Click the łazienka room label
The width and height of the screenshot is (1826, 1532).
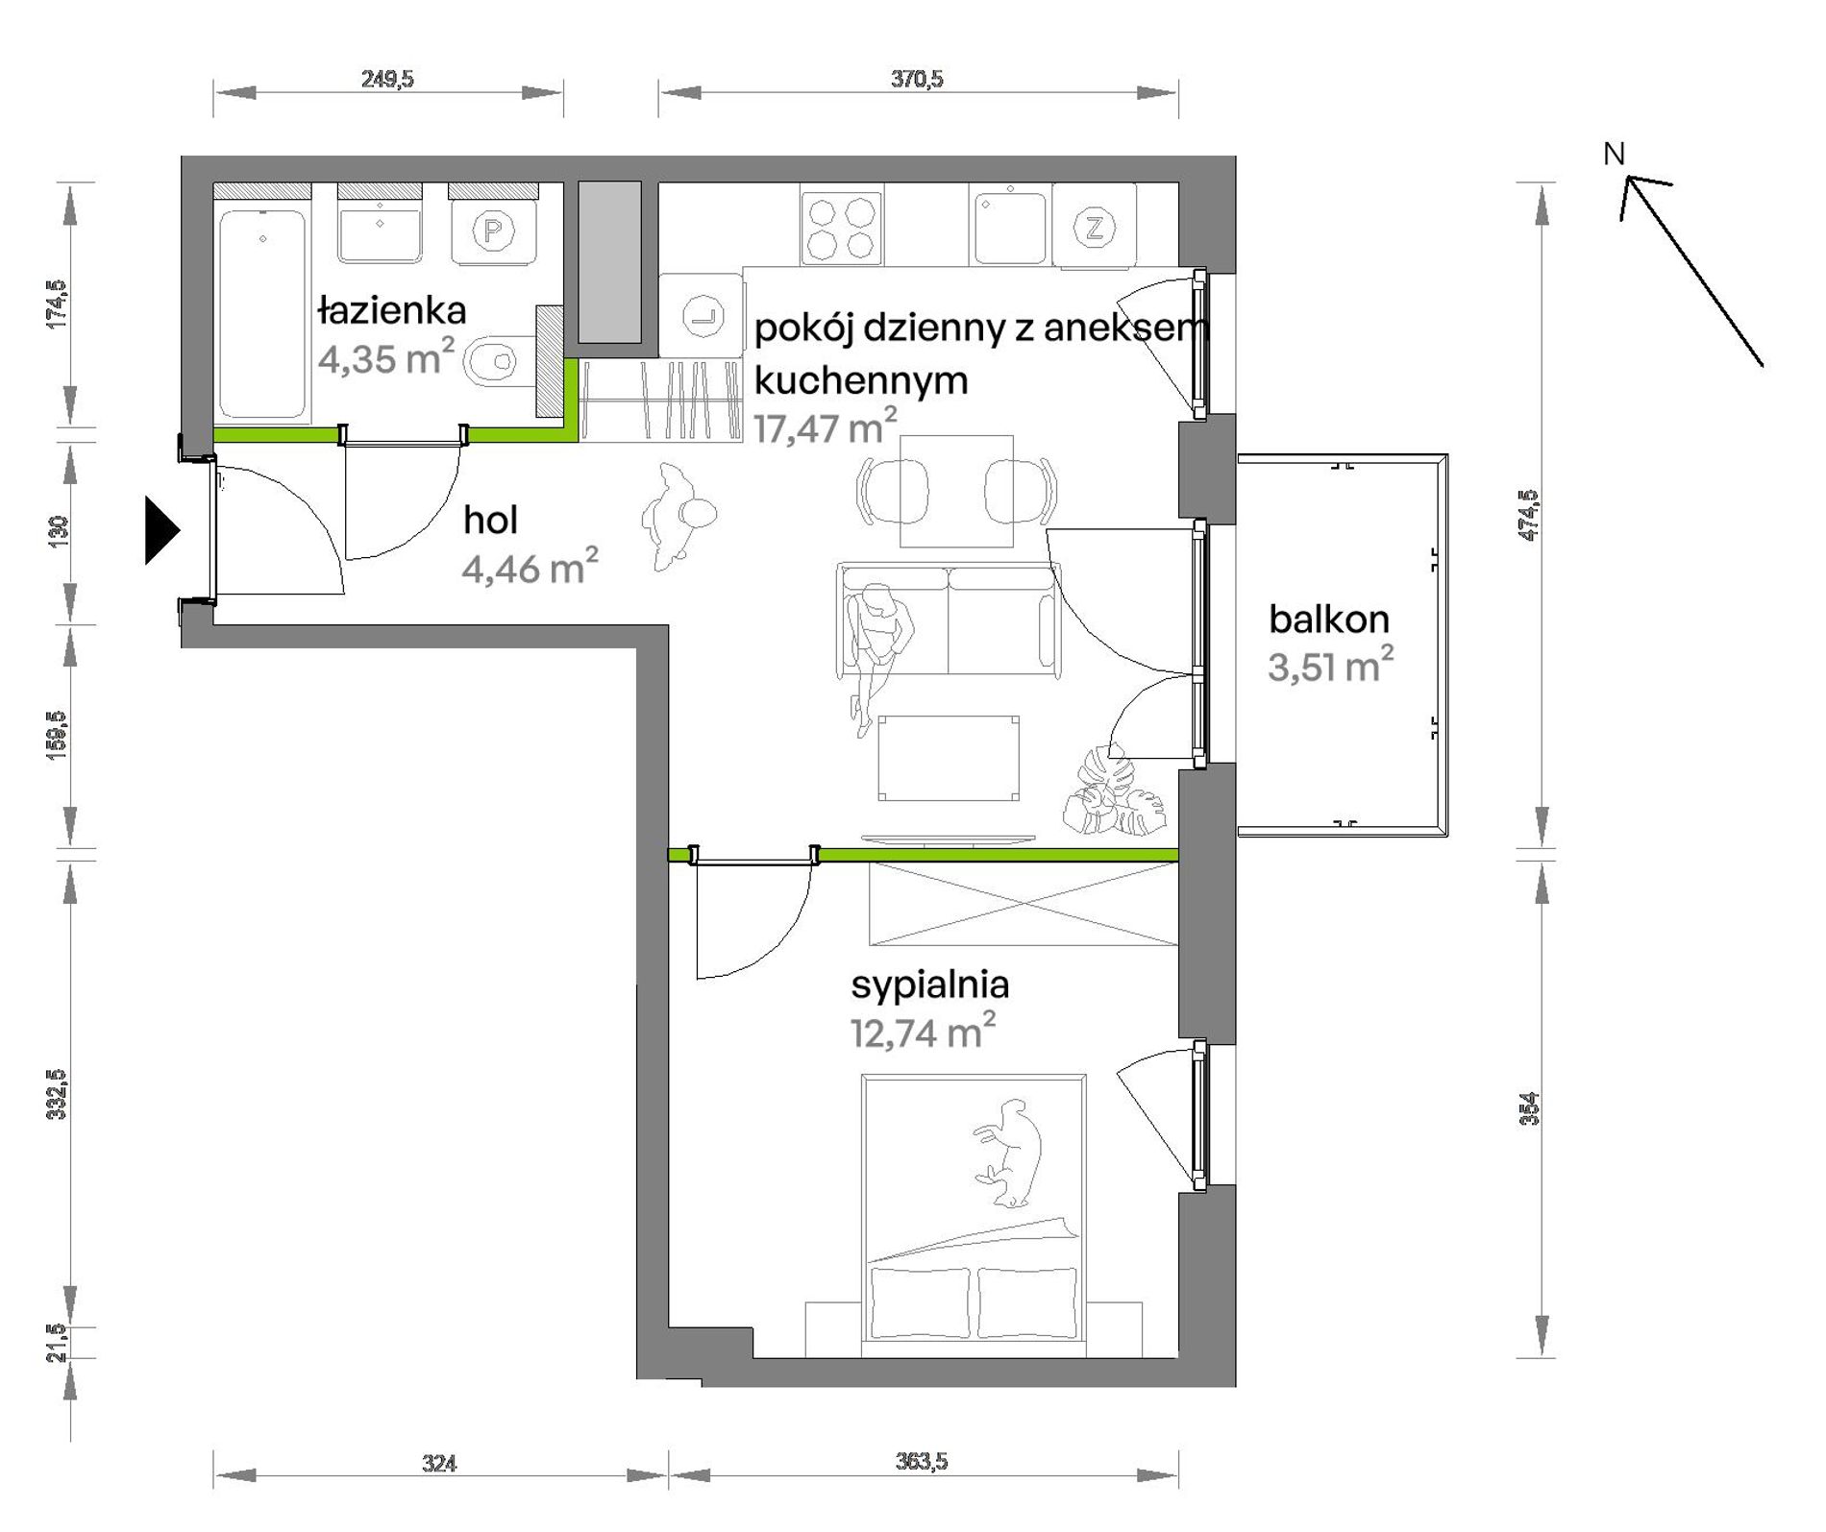[392, 310]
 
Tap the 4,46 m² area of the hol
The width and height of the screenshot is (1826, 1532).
[530, 567]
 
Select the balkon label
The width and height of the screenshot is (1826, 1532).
[1329, 620]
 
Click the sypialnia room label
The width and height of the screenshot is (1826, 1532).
[930, 985]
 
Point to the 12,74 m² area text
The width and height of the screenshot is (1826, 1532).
[923, 1031]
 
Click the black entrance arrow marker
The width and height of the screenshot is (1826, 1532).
[162, 529]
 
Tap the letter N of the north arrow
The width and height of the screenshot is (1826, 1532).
[1614, 154]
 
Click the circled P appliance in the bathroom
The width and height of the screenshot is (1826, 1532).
[493, 231]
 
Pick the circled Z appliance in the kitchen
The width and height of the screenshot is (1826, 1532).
[1095, 228]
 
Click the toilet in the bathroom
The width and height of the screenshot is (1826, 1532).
[500, 361]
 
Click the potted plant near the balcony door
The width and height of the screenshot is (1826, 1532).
[1115, 792]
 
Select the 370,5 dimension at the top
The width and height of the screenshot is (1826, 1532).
[917, 79]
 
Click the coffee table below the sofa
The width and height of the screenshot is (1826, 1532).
[948, 757]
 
